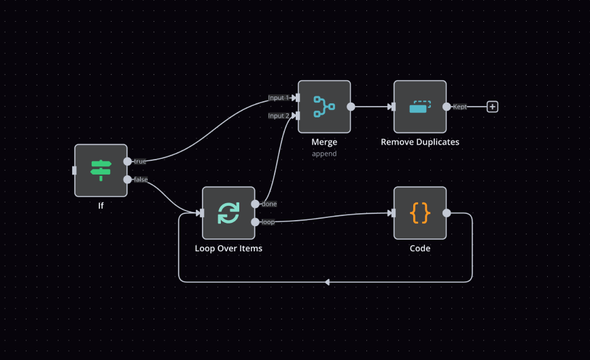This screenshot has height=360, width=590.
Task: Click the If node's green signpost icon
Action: tap(101, 170)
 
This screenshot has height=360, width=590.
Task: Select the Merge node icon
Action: tap(324, 107)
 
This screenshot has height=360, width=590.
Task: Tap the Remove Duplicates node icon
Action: tap(420, 107)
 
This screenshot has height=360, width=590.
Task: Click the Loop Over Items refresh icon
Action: tap(228, 213)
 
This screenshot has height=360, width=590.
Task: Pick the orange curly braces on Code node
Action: tap(420, 213)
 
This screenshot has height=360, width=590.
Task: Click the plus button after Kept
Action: tap(493, 107)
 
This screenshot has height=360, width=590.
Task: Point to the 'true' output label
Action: tap(140, 162)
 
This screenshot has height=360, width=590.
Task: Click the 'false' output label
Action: tap(141, 179)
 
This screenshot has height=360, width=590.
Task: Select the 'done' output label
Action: tap(268, 204)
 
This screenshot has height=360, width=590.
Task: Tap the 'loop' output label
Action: tap(268, 221)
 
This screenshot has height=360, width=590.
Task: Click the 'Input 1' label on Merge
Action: tap(278, 98)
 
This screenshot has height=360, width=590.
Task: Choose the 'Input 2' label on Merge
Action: tap(278, 115)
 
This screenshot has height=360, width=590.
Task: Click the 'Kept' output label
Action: tap(459, 107)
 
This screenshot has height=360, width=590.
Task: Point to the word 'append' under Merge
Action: tap(324, 154)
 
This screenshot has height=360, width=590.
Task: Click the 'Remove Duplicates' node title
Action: tap(420, 142)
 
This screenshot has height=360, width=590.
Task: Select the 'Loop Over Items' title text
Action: tap(228, 248)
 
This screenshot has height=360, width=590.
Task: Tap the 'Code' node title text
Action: tap(420, 248)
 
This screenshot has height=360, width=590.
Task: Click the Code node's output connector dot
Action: tap(447, 213)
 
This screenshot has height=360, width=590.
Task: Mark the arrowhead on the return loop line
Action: tap(327, 282)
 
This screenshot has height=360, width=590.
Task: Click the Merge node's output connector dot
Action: tap(351, 107)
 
